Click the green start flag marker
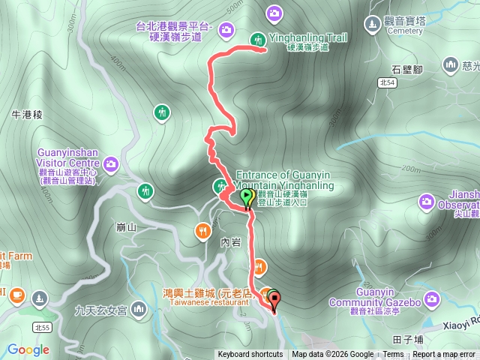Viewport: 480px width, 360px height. [x=246, y=198]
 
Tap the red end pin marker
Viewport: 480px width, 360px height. [x=274, y=301]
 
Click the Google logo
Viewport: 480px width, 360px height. [x=28, y=349]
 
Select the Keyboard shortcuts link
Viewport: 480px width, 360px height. [x=250, y=355]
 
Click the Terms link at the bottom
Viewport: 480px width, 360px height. [x=393, y=355]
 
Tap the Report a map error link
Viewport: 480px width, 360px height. [x=443, y=355]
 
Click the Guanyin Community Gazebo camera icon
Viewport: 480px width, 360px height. [x=431, y=299]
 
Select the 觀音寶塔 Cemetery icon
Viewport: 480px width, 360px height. [x=373, y=24]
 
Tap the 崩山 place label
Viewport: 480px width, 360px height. [x=126, y=227]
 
